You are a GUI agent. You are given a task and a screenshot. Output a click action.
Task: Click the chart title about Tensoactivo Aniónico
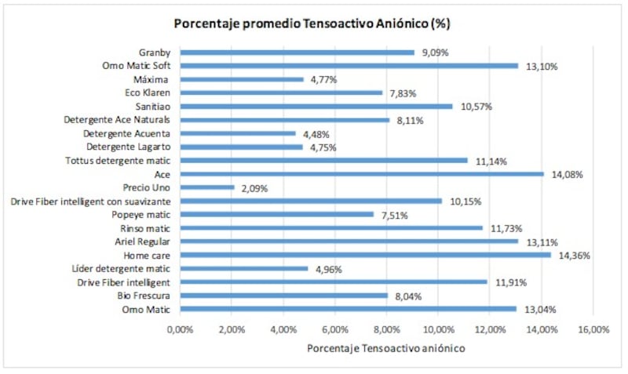coord(312,24)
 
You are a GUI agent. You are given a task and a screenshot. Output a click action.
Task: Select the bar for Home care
coord(365,254)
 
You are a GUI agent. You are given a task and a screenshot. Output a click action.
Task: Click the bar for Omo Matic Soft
coord(349,66)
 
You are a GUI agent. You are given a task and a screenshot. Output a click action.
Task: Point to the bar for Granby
coord(298,53)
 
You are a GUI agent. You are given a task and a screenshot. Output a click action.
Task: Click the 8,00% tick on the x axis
coord(386,329)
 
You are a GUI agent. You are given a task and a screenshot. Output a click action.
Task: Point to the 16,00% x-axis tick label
coord(593,329)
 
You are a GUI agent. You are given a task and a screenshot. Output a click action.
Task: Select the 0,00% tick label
coord(180,329)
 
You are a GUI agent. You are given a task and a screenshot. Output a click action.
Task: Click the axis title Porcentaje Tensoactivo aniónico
coord(385,348)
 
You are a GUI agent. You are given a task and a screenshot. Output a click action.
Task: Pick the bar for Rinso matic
coord(331,227)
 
